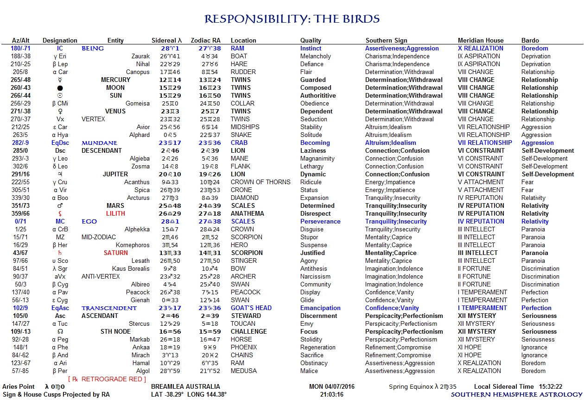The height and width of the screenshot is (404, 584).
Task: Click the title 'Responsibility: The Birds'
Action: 292,19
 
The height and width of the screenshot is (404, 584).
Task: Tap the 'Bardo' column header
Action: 530,40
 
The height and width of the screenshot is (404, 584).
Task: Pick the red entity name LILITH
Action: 115,213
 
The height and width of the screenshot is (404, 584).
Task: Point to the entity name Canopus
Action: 138,72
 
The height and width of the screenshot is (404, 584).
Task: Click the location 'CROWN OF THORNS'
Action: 260,182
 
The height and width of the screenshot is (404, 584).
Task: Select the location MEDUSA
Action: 244,371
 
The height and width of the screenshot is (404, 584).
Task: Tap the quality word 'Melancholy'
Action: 316,56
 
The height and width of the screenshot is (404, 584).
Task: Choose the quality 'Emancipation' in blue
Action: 320,308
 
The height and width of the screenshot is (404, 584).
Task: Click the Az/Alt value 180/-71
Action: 21,48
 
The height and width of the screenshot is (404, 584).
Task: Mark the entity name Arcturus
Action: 138,198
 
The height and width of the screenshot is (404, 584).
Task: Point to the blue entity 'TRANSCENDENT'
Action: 109,308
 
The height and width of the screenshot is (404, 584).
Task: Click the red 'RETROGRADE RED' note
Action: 107,379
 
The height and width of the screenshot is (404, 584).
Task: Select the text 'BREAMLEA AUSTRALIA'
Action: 185,386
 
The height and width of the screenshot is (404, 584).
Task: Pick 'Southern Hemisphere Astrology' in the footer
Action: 516,394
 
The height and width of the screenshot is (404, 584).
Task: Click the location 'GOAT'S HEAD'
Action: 251,308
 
